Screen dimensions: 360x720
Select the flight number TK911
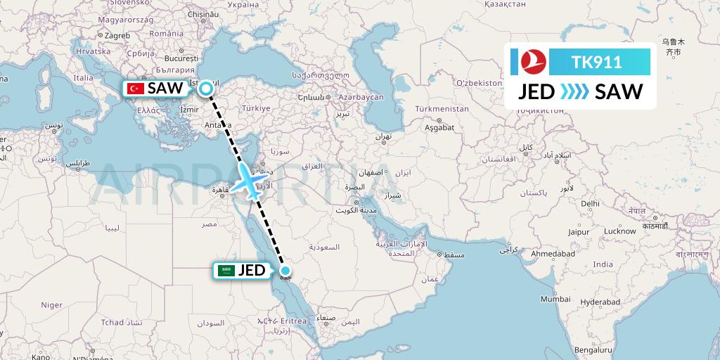pos(596,62)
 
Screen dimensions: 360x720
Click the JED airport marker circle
pos(285,270)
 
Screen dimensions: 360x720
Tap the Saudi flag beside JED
pos(226,270)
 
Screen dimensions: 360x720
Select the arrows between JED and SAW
pos(574,92)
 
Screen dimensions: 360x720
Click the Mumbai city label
pos(555,299)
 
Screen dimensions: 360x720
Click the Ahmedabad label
pos(554,253)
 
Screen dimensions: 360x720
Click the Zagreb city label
pos(98,35)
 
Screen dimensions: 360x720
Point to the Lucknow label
pos(619,231)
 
